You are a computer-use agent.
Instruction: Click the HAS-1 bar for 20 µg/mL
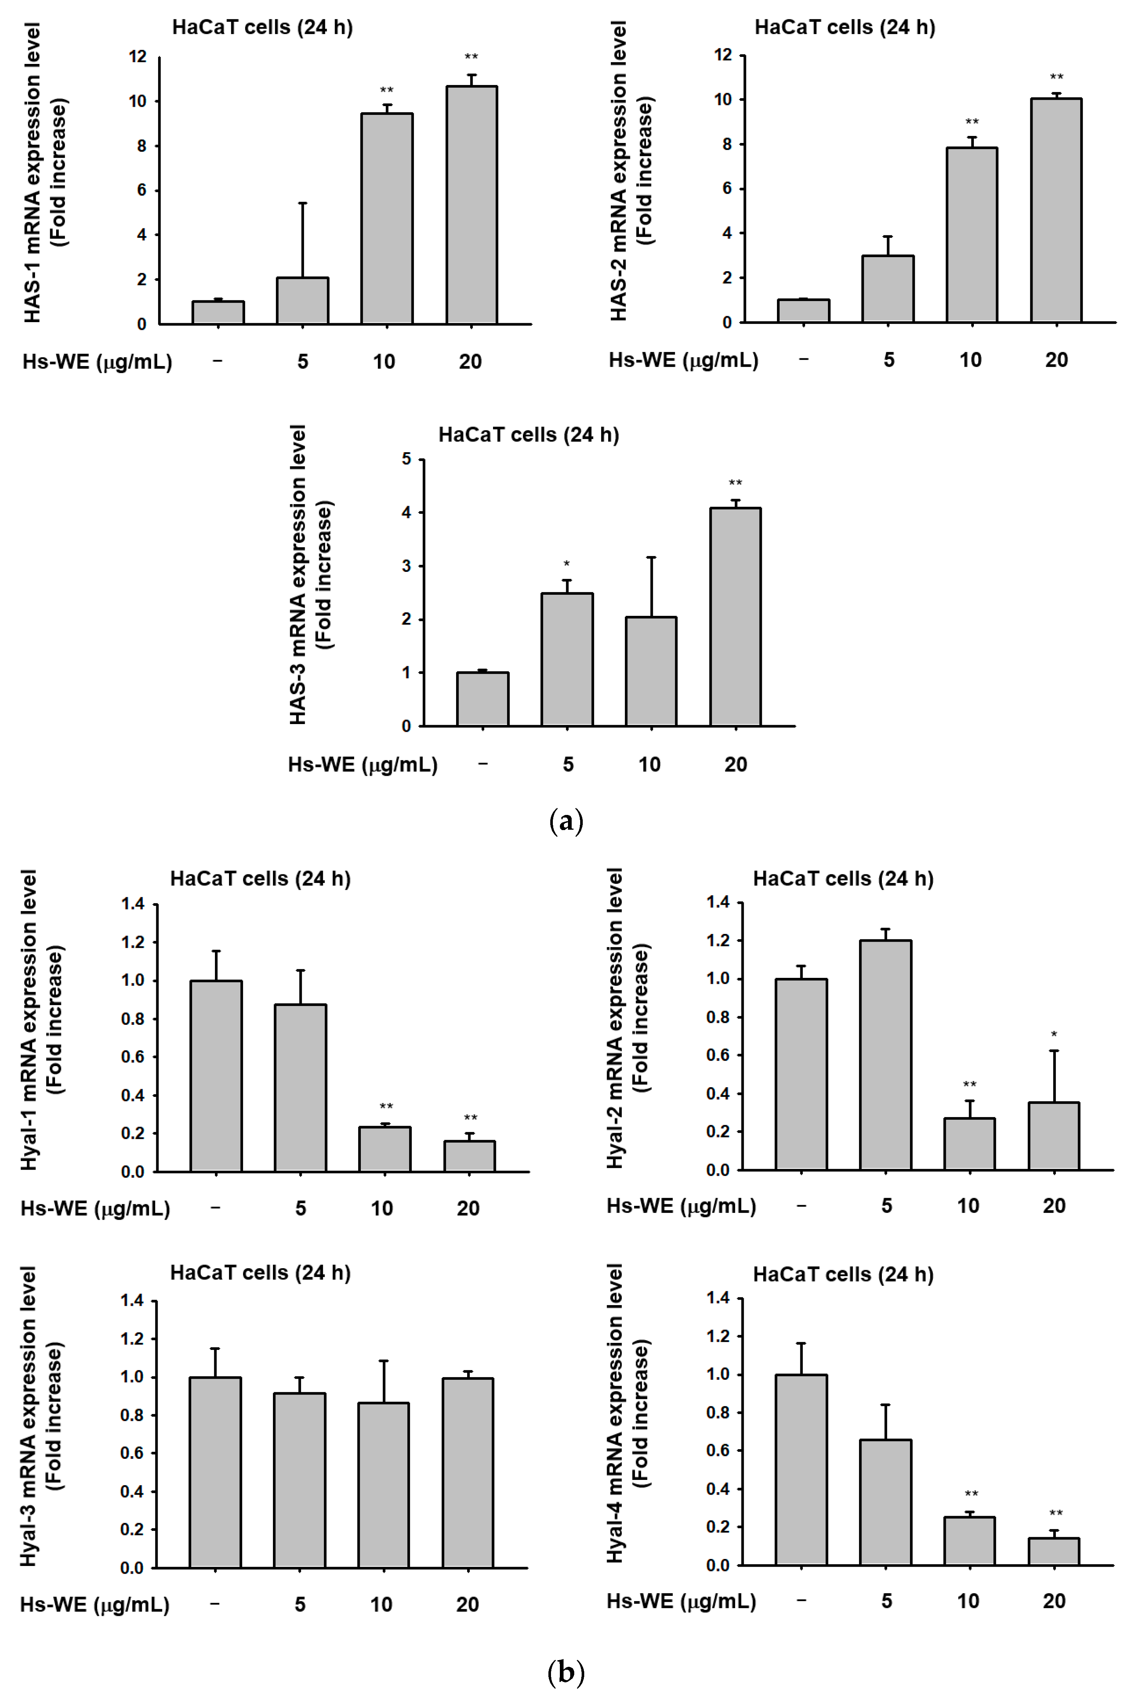[x=471, y=205]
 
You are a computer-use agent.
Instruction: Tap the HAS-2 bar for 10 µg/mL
[x=972, y=235]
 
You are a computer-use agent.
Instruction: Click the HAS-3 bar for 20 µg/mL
[x=735, y=617]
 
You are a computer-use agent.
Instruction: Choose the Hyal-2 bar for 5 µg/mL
[x=885, y=1055]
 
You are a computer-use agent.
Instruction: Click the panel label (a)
[x=566, y=822]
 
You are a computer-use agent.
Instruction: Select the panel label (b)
[x=566, y=1671]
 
